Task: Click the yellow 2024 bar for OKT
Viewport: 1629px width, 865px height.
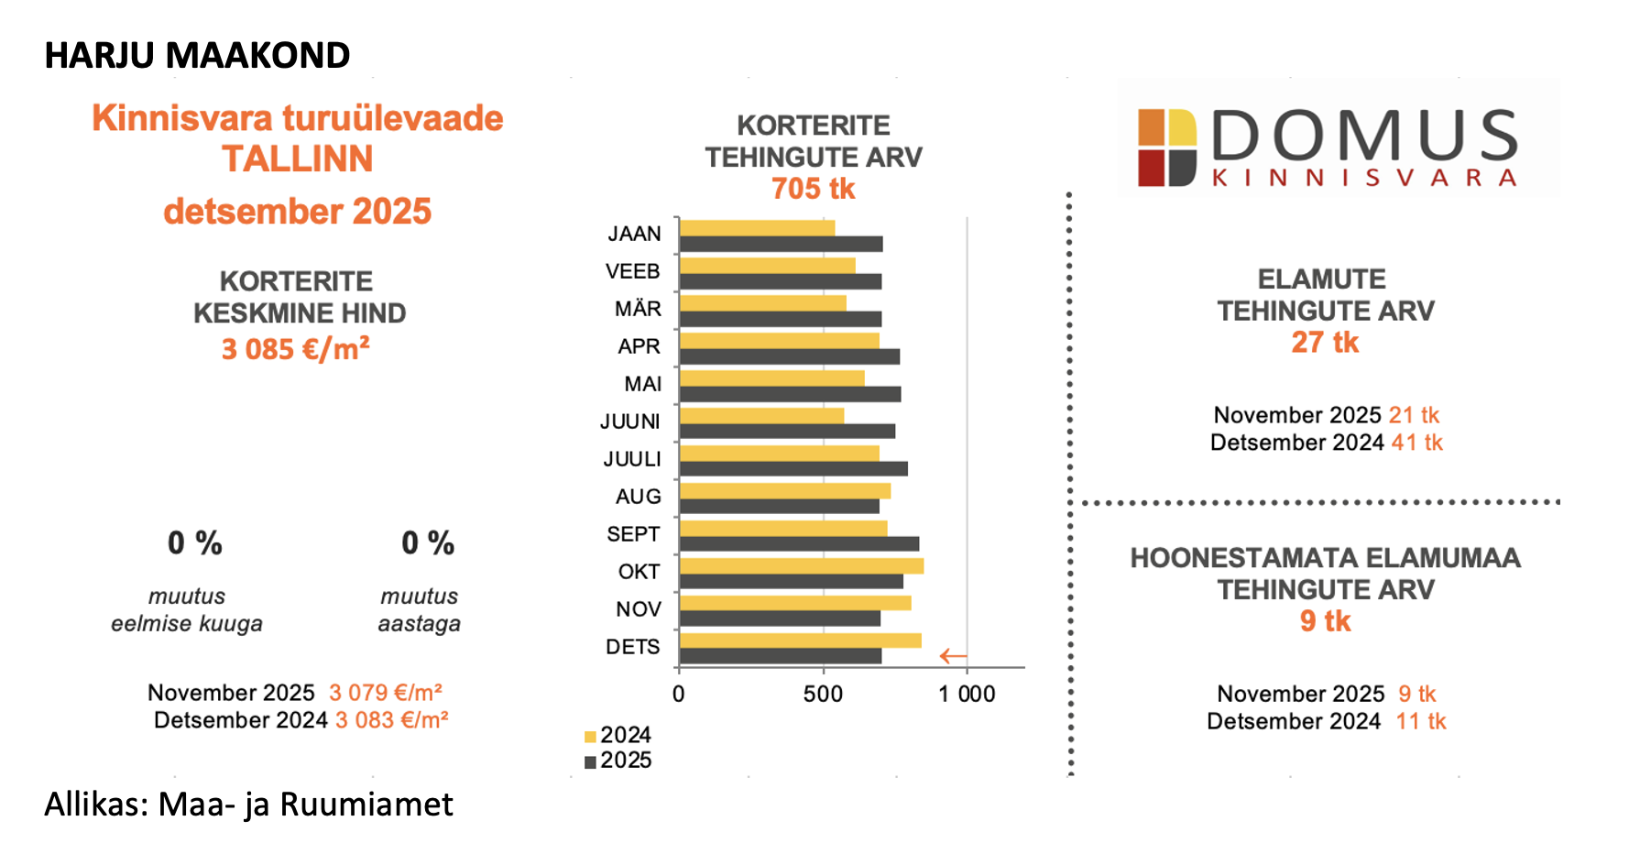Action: coord(801,566)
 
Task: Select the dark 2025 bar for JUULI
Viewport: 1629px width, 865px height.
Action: coord(793,469)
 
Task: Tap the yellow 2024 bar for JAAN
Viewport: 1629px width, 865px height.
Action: coord(757,228)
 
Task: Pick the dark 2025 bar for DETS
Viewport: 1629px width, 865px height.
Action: coord(780,656)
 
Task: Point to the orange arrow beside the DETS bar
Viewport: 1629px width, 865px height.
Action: coord(953,656)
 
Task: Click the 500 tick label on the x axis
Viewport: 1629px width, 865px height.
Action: coord(823,695)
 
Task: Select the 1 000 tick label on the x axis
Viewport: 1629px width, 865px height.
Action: coord(967,695)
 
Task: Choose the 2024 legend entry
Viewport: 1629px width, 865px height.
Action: coord(618,736)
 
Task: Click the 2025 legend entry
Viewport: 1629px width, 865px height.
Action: coord(618,761)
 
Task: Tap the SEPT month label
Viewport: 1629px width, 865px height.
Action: coord(633,534)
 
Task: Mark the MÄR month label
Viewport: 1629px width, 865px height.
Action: coord(638,309)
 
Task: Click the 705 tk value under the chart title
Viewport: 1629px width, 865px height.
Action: coord(813,189)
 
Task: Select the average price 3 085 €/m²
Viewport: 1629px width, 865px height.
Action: coord(295,349)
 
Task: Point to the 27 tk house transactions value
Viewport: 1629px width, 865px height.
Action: coord(1325,343)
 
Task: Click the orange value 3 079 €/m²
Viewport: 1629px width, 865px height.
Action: coord(386,693)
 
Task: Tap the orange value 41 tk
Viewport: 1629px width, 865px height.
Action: coord(1417,443)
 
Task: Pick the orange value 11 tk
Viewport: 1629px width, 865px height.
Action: coord(1421,722)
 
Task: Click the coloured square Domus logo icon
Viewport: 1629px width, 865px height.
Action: coord(1167,148)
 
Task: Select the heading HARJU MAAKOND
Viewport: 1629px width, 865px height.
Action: coord(197,56)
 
